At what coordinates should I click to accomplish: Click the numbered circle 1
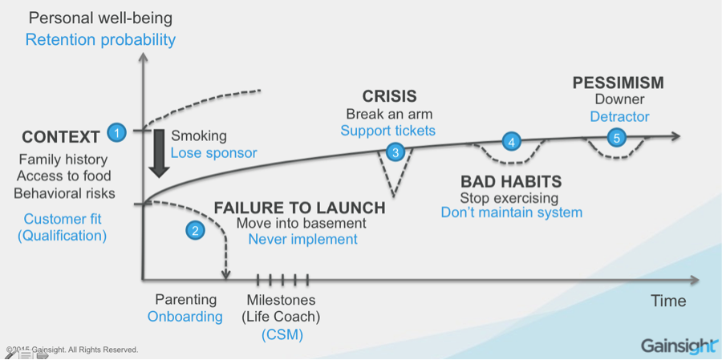coord(117,132)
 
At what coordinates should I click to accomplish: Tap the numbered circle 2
coord(196,230)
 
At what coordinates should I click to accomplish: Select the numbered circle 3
coord(395,151)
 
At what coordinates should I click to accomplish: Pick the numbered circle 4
coord(512,142)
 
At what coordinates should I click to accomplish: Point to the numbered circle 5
coord(616,137)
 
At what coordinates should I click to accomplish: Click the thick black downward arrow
coord(158,153)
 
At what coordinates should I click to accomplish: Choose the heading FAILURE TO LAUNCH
coord(300,208)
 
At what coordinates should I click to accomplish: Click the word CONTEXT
coord(61,137)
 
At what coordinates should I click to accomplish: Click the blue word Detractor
coord(619,117)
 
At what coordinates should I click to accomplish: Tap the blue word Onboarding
coord(185,316)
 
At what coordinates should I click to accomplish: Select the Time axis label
coord(667,301)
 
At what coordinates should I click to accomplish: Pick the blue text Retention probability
coord(100,39)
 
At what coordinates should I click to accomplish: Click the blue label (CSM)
coord(282,334)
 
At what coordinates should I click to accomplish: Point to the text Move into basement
coord(301,223)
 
